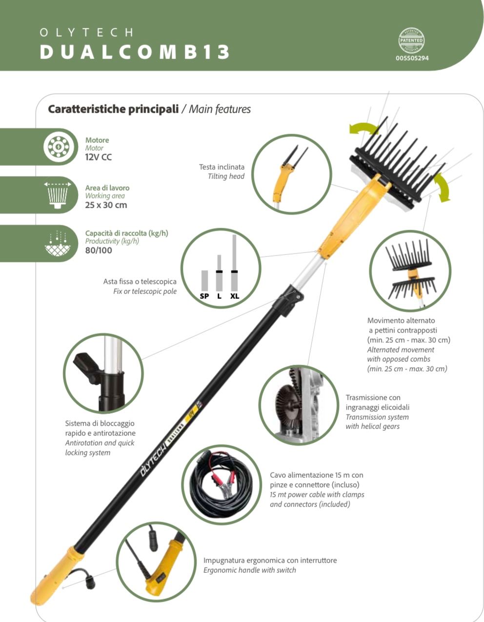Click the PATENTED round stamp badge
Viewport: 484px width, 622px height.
[x=411, y=40]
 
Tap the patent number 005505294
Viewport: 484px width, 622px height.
[x=412, y=58]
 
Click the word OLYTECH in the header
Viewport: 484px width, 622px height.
[x=86, y=32]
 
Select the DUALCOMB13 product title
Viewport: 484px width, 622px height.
[x=135, y=52]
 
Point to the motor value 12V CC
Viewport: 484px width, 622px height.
[x=98, y=157]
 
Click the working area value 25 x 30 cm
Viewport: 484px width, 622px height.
[x=106, y=205]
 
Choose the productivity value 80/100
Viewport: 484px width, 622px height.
[x=99, y=251]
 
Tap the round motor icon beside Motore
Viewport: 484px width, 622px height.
[x=59, y=147]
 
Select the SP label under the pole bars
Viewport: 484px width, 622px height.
[x=204, y=296]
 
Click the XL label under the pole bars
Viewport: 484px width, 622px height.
[x=235, y=296]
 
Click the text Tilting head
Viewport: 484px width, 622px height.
[x=226, y=176]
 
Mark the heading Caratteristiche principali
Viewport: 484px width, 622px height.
[x=113, y=109]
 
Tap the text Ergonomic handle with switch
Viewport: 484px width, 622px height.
[x=249, y=570]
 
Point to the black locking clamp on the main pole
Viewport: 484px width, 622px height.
[x=288, y=300]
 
